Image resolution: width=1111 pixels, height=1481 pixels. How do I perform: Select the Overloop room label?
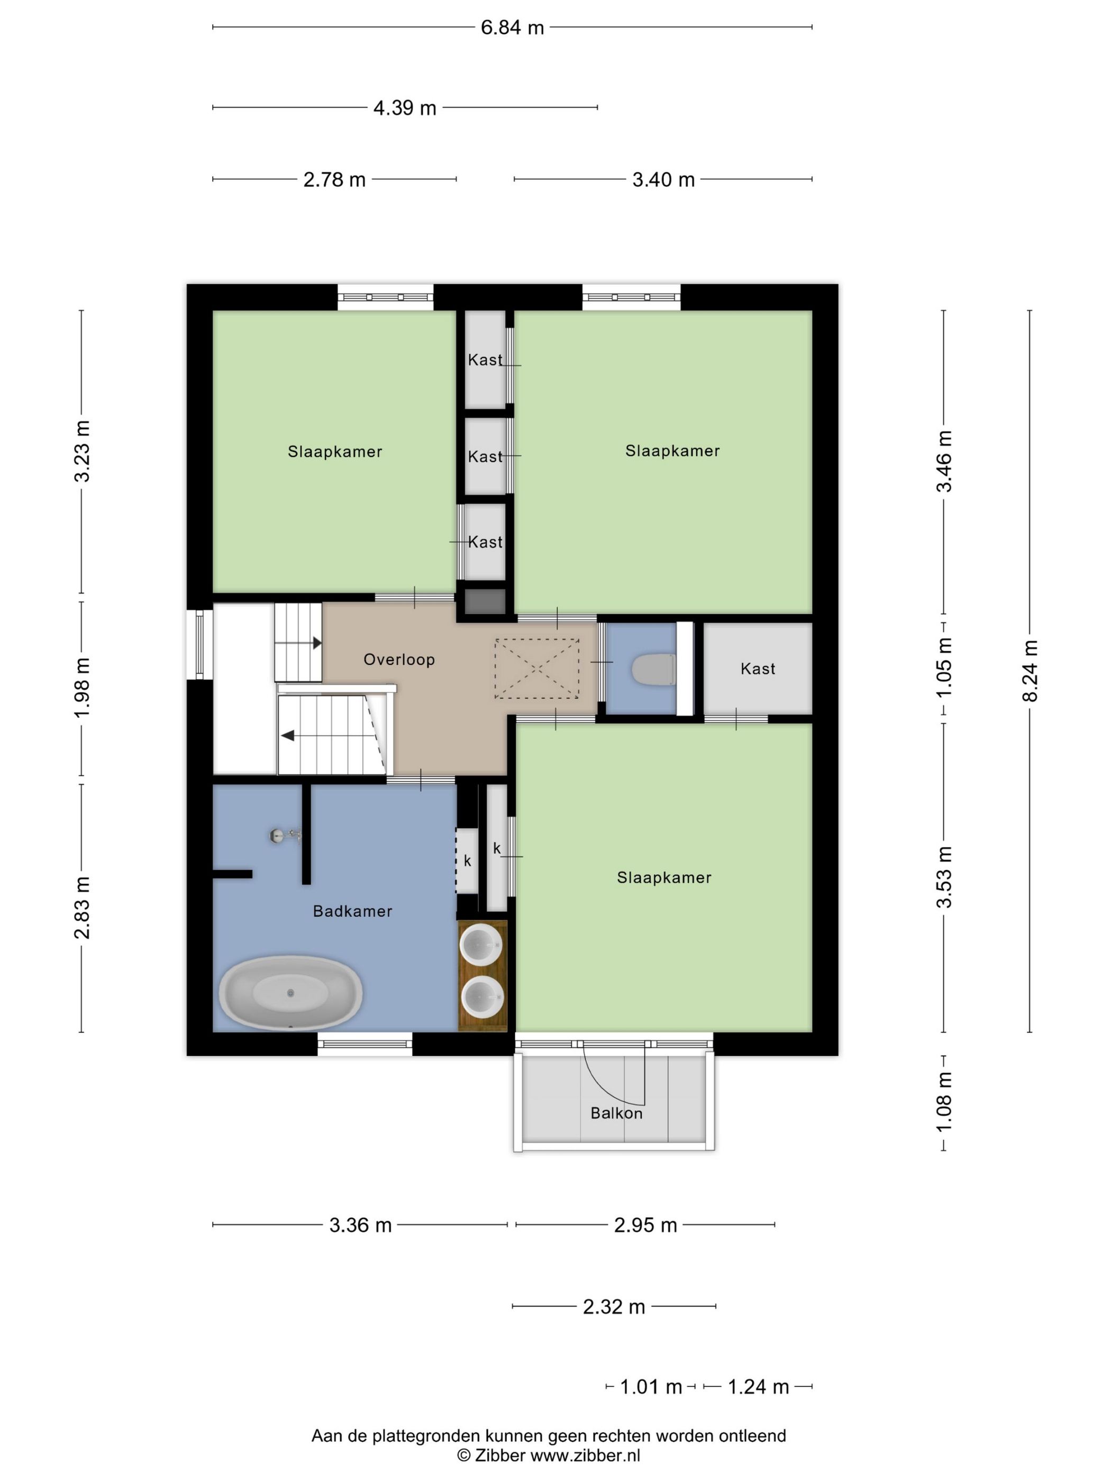pyautogui.click(x=399, y=660)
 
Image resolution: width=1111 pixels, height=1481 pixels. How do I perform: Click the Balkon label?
pyautogui.click(x=616, y=1113)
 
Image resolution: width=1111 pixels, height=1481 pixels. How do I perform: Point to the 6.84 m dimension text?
pyautogui.click(x=512, y=28)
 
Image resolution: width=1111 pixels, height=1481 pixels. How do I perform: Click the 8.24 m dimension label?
pyautogui.click(x=1030, y=671)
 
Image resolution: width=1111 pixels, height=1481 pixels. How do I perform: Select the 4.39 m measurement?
pyautogui.click(x=405, y=108)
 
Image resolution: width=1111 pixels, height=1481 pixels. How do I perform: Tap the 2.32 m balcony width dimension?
pyautogui.click(x=613, y=1306)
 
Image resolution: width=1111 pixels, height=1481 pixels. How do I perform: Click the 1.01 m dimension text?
pyautogui.click(x=651, y=1387)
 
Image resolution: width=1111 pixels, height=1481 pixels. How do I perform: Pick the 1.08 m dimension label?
pyautogui.click(x=944, y=1101)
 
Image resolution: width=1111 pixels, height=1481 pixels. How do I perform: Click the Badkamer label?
pyautogui.click(x=352, y=911)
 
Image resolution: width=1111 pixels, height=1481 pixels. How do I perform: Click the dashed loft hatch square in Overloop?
pyautogui.click(x=536, y=668)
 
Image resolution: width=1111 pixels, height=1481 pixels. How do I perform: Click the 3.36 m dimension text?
pyautogui.click(x=360, y=1225)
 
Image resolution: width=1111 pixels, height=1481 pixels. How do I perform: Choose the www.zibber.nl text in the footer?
pyautogui.click(x=585, y=1455)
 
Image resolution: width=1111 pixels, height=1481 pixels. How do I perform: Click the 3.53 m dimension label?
pyautogui.click(x=944, y=877)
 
